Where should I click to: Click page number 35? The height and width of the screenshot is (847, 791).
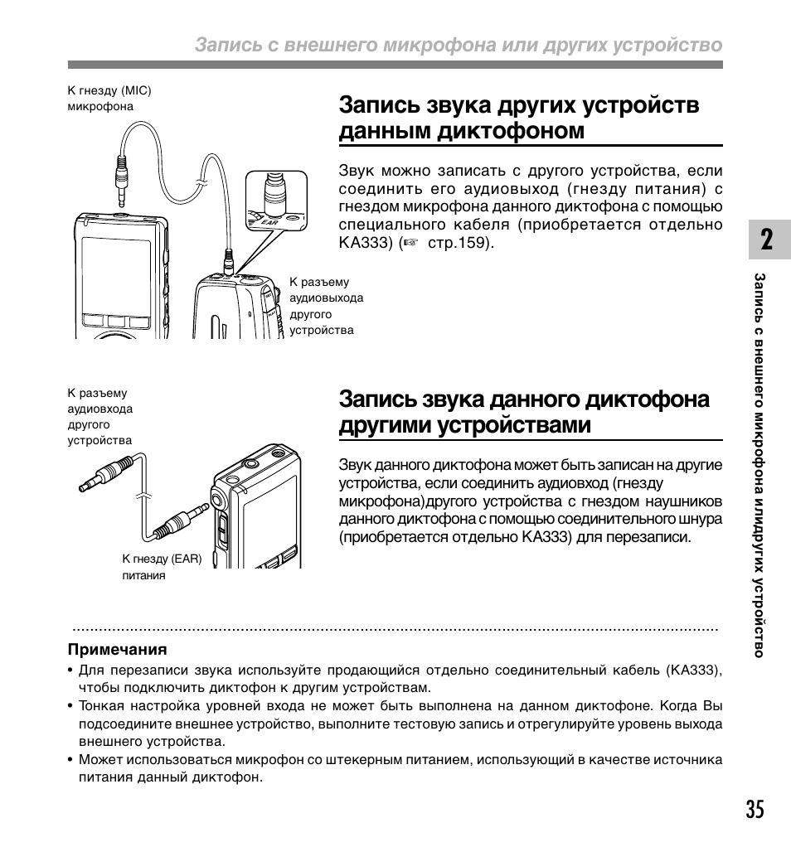(754, 810)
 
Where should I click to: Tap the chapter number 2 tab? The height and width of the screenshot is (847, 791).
(765, 240)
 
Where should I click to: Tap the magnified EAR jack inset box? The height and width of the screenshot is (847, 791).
(275, 201)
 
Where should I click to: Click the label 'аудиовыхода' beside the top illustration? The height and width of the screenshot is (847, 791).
(326, 298)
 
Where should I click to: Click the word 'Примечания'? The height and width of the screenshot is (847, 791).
(118, 650)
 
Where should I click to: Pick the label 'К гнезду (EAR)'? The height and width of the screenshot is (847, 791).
(162, 559)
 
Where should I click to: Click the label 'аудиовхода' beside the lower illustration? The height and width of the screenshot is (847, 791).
(99, 409)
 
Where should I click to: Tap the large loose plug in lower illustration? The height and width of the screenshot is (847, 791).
(105, 473)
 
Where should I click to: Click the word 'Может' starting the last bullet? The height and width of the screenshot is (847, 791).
(97, 760)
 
